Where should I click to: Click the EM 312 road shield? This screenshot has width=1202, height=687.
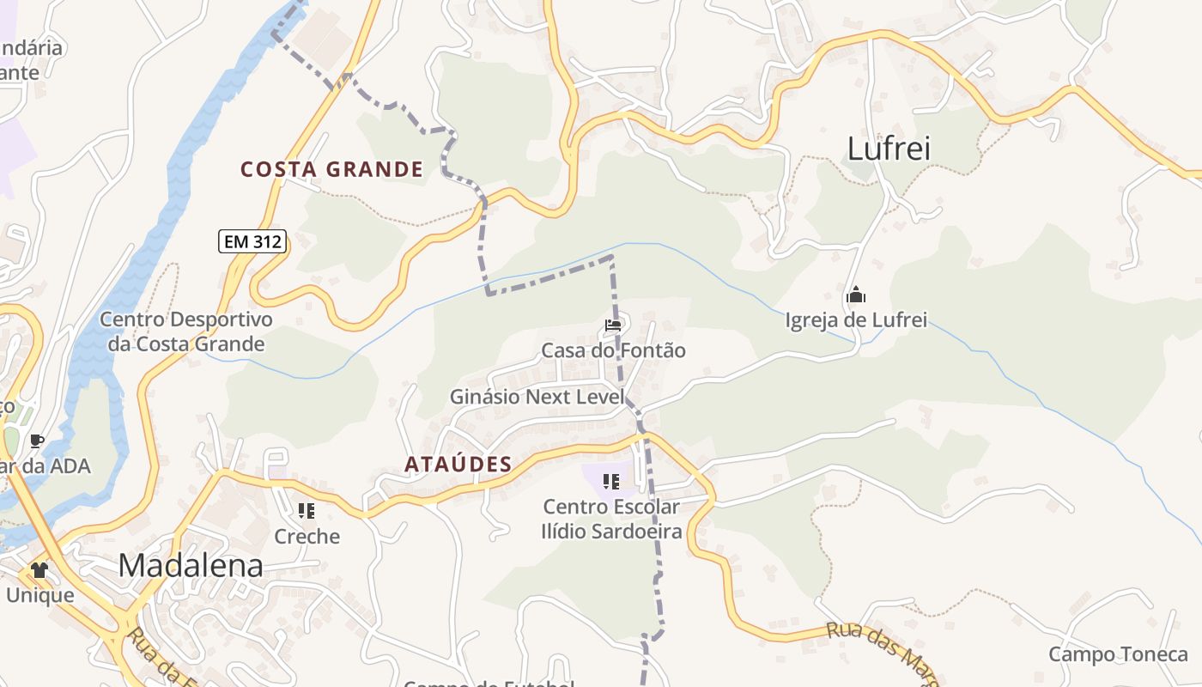[252, 241]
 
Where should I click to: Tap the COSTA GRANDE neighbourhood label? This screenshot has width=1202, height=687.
[331, 169]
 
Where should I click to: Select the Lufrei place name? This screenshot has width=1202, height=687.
[889, 149]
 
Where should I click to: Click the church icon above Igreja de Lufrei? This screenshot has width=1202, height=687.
[855, 296]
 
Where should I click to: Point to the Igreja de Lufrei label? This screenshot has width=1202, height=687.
[856, 320]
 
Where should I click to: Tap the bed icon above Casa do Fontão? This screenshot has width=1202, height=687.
[612, 325]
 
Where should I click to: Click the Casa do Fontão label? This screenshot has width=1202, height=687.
[613, 350]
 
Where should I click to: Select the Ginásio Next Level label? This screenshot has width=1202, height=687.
[537, 397]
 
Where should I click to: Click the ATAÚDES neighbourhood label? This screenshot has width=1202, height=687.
[458, 465]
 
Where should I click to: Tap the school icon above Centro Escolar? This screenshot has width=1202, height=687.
[611, 482]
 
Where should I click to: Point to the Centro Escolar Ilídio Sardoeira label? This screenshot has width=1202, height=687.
[611, 519]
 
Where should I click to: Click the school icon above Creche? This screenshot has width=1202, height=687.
[307, 512]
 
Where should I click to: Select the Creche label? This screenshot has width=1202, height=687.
[307, 537]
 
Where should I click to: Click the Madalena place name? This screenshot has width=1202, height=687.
[191, 565]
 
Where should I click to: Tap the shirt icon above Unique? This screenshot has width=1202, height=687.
[39, 569]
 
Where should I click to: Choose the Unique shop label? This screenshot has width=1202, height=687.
[39, 594]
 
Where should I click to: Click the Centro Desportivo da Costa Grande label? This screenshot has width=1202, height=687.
[186, 331]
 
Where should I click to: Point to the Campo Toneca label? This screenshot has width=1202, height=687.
[1118, 654]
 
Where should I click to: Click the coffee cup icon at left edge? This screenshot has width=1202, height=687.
[36, 441]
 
